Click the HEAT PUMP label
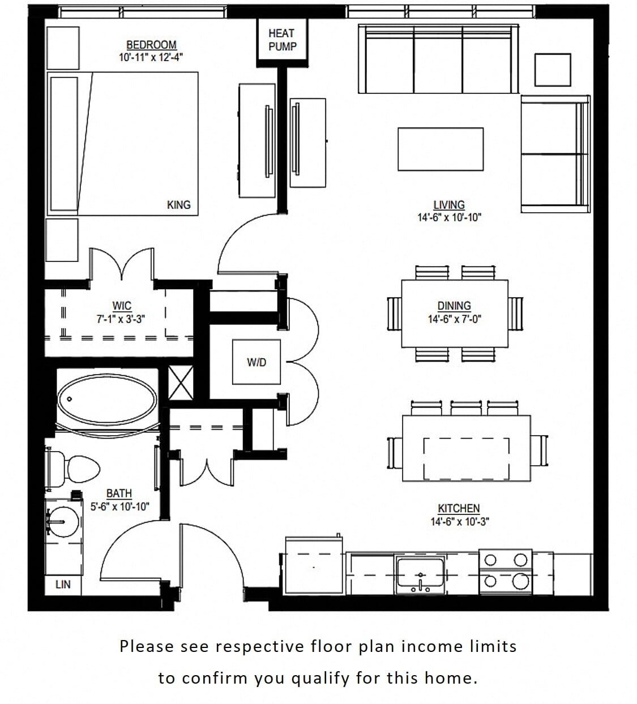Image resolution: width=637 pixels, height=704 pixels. [282, 40]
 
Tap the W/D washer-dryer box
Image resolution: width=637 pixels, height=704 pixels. [256, 362]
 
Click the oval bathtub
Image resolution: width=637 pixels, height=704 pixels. [107, 398]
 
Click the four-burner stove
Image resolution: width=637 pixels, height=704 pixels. [505, 571]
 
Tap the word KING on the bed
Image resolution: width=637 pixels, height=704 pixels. [178, 205]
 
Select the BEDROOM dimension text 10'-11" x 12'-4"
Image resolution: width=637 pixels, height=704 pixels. [151, 57]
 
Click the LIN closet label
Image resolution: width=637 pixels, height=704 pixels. [63, 584]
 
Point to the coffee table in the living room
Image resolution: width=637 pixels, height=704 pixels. [441, 149]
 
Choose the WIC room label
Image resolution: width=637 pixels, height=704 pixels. [121, 306]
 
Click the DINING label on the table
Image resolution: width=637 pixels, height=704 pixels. [454, 306]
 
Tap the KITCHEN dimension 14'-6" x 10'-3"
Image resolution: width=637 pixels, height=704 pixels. [459, 521]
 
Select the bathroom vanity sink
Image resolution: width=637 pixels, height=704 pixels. [62, 521]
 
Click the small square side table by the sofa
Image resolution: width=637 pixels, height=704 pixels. [552, 70]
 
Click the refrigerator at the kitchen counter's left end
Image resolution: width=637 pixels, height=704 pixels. [314, 566]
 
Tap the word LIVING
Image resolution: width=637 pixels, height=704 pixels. [448, 205]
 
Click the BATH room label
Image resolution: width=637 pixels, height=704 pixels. [119, 493]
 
